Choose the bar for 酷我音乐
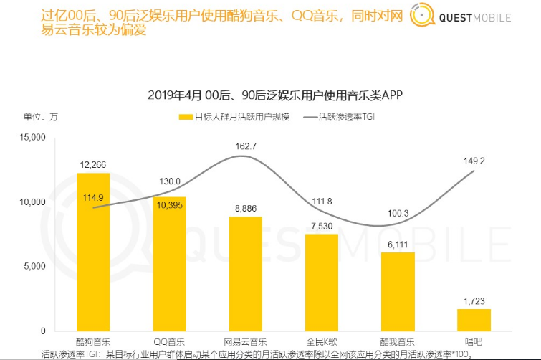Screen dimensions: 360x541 point(398,291)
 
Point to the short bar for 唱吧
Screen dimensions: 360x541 point(474,319)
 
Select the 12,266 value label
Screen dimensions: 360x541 point(93,165)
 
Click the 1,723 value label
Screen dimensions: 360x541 point(474,301)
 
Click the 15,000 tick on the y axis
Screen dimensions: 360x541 point(32,138)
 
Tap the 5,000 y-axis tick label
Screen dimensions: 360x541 point(34,267)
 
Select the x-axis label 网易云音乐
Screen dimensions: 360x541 point(246,341)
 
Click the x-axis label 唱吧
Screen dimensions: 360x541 point(474,341)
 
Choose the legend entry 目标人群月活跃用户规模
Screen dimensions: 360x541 point(234,116)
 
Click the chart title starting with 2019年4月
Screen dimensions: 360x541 point(270,95)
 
